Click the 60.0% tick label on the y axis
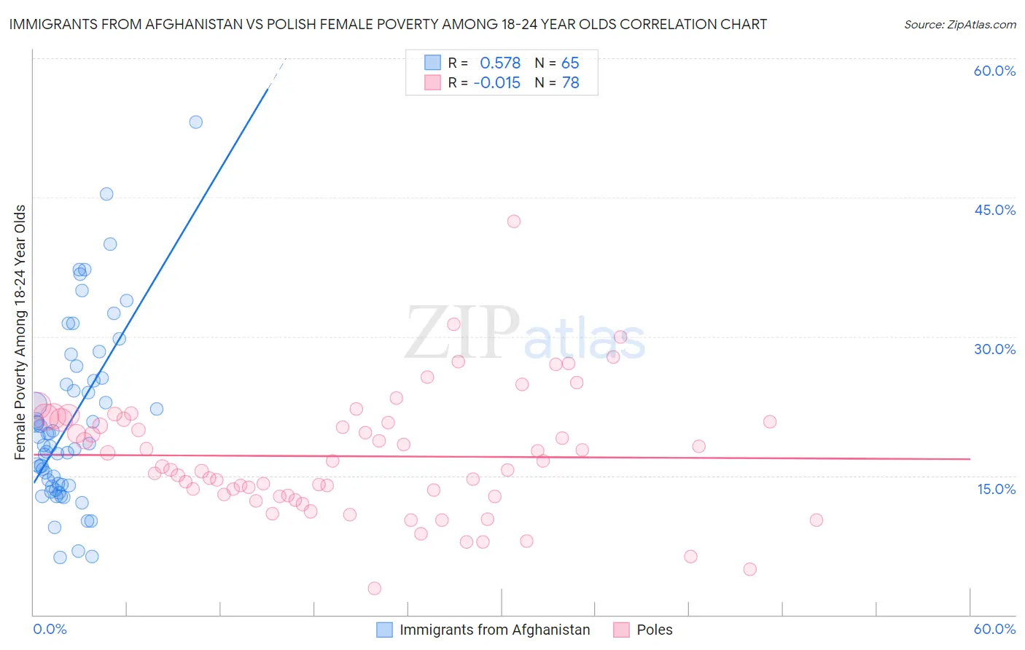click(x=994, y=71)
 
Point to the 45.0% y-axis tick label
click(x=994, y=210)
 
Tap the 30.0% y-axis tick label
click(x=994, y=349)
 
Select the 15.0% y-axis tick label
click(x=996, y=488)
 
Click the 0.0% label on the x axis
click(x=50, y=629)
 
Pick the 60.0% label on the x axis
click(x=994, y=629)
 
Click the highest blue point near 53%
click(x=195, y=122)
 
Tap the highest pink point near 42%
click(x=514, y=222)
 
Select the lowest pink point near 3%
click(x=374, y=588)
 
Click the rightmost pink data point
click(x=817, y=520)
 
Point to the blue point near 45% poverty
click(x=106, y=194)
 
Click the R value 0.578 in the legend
click(x=500, y=63)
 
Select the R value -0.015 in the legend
click(x=497, y=83)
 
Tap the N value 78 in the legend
click(x=570, y=83)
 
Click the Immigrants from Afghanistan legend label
click(x=494, y=630)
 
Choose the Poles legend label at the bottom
click(x=654, y=630)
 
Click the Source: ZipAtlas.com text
click(x=959, y=24)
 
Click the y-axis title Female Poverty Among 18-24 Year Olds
click(x=20, y=332)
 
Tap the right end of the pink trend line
click(x=970, y=459)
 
